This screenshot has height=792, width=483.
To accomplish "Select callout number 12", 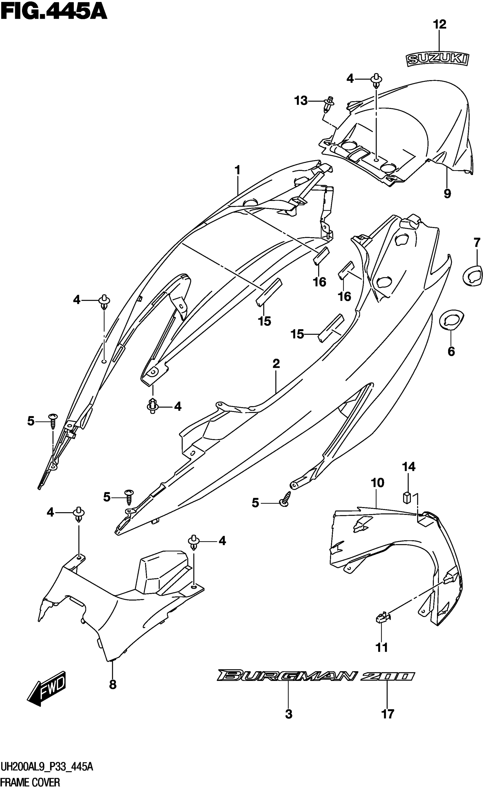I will click(x=440, y=24).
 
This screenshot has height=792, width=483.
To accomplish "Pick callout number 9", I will click(x=447, y=193).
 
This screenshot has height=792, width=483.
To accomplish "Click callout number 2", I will click(x=276, y=364).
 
